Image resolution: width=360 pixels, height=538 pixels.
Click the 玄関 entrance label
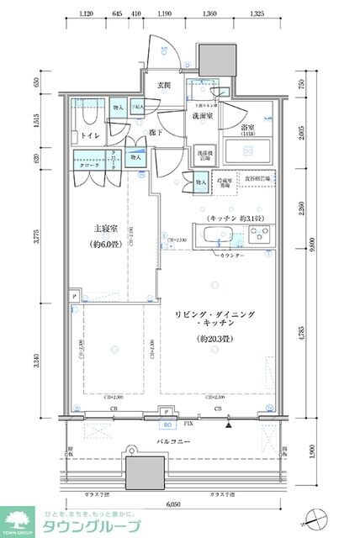click(163, 86)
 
